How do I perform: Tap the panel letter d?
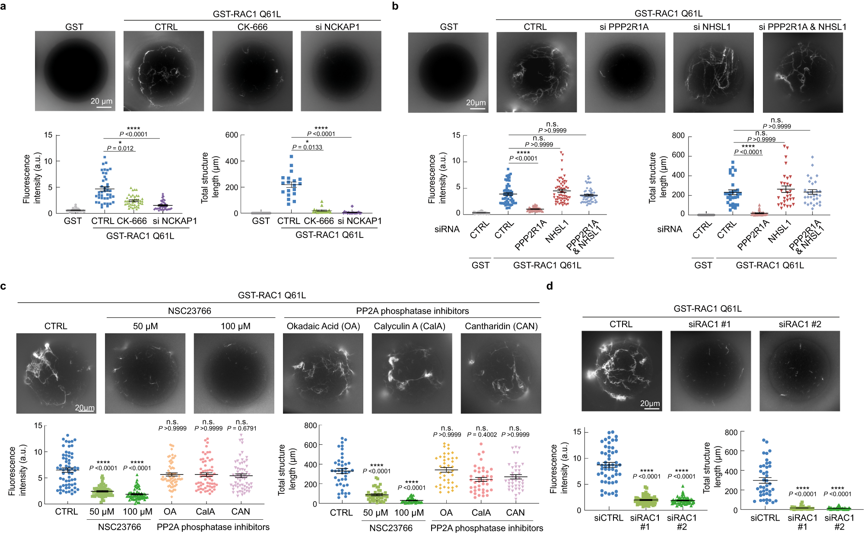[550, 286]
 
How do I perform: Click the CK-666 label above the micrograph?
[252, 27]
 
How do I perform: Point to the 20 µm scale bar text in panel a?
[102, 101]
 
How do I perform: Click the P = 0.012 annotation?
[120, 148]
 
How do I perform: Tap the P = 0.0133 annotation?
[307, 147]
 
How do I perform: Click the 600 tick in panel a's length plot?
[232, 135]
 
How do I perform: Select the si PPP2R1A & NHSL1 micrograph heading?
[802, 27]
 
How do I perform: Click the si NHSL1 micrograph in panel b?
[713, 73]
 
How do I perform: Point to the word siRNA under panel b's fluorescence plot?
[447, 229]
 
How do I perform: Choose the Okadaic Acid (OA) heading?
[323, 326]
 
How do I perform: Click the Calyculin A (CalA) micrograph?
[412, 373]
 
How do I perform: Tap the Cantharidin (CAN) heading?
[501, 326]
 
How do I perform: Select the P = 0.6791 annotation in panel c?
[241, 428]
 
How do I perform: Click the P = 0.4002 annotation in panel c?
[482, 435]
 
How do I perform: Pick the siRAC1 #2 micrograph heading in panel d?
[800, 324]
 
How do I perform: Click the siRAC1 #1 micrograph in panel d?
[710, 371]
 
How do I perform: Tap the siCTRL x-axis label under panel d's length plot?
[765, 518]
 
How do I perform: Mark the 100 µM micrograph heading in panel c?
[235, 326]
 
